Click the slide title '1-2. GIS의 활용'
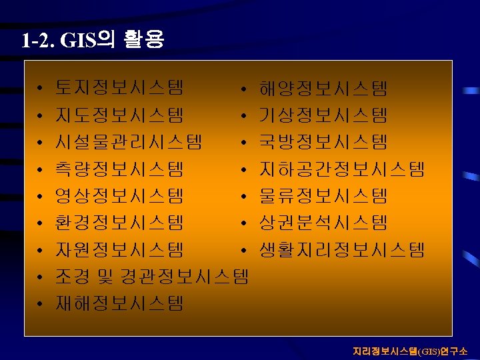[x=92, y=41]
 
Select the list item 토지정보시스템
[x=120, y=88]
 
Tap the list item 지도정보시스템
[x=120, y=115]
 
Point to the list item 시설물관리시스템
[x=129, y=142]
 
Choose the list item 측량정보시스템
[x=120, y=169]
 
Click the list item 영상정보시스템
[x=120, y=196]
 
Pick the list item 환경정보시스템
[x=120, y=223]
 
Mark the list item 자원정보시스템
[x=120, y=250]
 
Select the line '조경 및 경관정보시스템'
[x=152, y=277]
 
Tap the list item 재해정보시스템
[x=120, y=304]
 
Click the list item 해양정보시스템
[x=323, y=88]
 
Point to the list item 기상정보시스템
[x=323, y=115]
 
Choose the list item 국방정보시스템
[x=323, y=142]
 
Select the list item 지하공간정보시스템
[x=341, y=169]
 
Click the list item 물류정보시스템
[x=323, y=196]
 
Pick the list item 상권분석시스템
[x=323, y=223]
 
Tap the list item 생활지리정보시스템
[x=341, y=250]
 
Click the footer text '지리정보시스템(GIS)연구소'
[x=410, y=351]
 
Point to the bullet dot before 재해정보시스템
[x=41, y=305]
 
